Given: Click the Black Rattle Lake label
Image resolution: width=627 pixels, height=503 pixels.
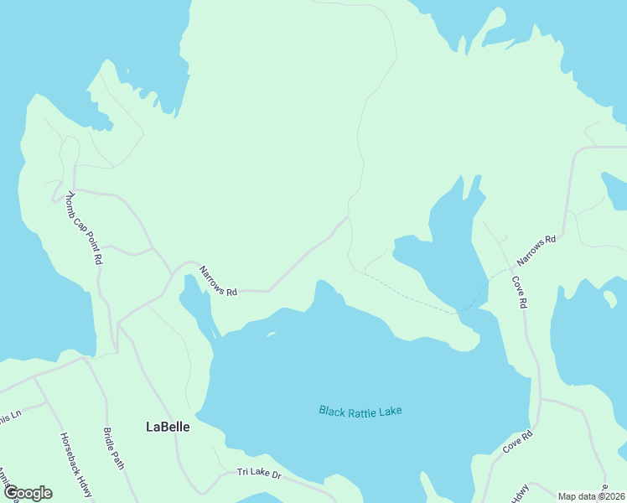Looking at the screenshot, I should click(x=360, y=411).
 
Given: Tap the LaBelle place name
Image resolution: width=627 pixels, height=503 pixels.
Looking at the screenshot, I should click(x=168, y=427).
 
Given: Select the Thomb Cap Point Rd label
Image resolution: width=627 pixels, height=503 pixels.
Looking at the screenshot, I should click(x=84, y=227).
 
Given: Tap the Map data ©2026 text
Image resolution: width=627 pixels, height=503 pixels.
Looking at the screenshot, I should click(x=592, y=496).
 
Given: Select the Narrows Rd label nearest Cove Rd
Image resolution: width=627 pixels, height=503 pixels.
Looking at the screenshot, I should click(x=536, y=251).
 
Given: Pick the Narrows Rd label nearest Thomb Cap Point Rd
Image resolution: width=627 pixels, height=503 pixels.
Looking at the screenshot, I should click(x=218, y=282).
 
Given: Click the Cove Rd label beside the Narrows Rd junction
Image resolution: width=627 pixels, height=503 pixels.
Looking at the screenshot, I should click(x=520, y=289).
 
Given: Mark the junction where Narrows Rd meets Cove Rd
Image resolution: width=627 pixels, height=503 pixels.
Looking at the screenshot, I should click(x=510, y=270).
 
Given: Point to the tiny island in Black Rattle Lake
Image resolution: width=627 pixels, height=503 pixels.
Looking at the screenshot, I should click(x=270, y=334).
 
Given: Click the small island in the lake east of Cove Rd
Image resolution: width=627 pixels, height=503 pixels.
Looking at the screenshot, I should click(x=610, y=298).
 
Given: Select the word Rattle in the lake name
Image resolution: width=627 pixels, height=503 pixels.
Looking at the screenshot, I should click(x=365, y=411).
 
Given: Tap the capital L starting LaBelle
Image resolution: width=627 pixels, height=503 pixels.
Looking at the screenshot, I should click(x=150, y=427).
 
